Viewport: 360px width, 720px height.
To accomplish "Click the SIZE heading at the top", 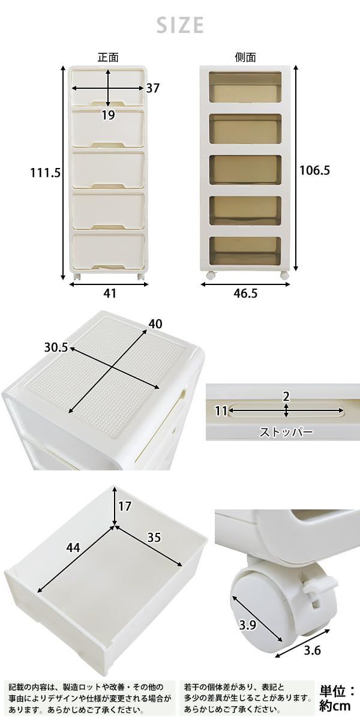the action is [180, 25].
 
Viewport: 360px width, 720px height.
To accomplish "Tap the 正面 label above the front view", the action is [109, 57].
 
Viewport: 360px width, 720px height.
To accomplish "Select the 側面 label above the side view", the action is [245, 57].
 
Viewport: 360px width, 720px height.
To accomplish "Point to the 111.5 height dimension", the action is [46, 173].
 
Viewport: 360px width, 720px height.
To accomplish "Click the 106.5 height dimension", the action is [314, 170].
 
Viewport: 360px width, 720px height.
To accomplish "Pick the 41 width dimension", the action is [110, 293].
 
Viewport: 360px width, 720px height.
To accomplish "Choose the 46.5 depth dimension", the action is [245, 293].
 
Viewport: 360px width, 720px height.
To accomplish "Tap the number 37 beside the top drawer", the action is [152, 88].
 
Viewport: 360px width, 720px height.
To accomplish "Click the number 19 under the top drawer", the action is [109, 115].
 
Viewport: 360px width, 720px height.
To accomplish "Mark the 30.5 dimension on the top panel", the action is [56, 347].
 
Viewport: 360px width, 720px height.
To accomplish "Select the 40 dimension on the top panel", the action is [155, 324].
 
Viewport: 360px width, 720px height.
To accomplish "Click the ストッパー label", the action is [286, 433].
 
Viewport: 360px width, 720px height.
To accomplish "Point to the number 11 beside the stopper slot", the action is [221, 411].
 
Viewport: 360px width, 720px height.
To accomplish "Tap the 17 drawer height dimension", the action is [125, 506].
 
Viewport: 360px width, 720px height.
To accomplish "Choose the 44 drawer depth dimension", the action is [73, 547].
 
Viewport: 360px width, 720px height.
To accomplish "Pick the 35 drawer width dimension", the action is [154, 538].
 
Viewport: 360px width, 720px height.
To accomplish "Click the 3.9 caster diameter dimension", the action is [247, 625].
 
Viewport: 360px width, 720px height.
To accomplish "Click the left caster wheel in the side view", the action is [211, 275].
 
